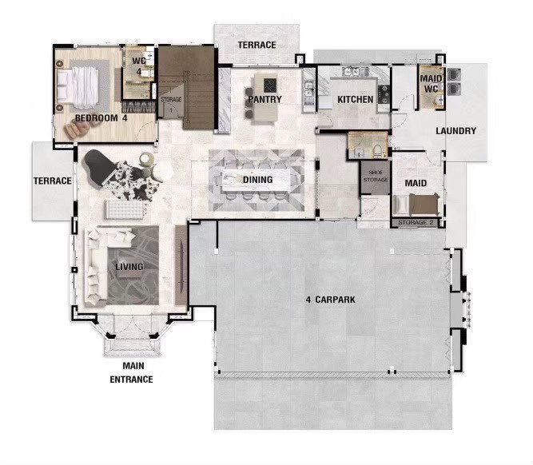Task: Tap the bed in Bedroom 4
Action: point(78,85)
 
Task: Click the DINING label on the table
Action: point(257,180)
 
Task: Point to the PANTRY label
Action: point(265,99)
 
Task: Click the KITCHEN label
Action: point(356,99)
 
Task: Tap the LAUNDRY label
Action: point(455,131)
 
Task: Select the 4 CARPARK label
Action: point(330,300)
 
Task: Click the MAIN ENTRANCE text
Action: point(131,372)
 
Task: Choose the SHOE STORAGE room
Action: point(376,177)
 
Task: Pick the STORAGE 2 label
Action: point(417,223)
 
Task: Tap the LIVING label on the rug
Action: point(129,267)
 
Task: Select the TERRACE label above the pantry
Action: point(257,45)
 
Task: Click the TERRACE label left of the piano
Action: point(53,181)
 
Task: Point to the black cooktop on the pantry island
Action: point(271,85)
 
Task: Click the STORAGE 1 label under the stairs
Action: point(171,105)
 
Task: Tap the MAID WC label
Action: point(432,84)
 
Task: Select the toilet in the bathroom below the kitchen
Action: point(378,151)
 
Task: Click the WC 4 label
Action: point(139,66)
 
